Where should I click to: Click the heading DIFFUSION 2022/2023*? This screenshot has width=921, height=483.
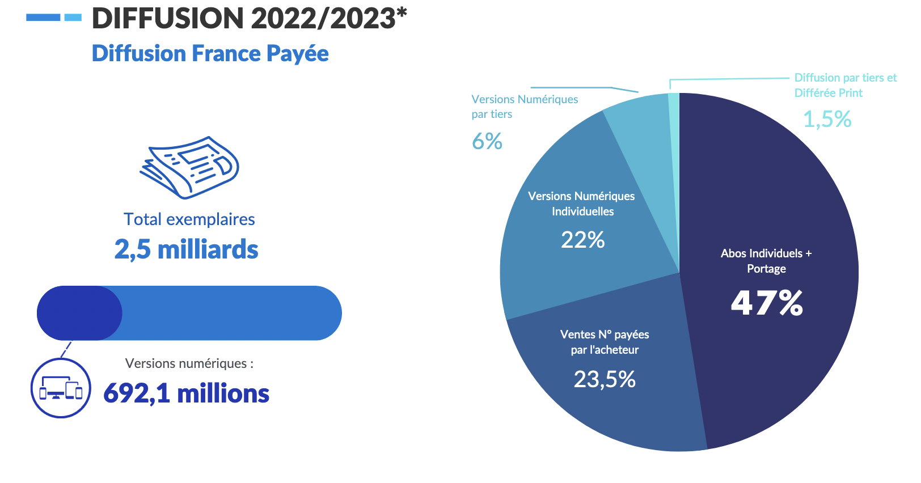249,18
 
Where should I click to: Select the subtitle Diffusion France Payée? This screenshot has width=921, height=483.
210,53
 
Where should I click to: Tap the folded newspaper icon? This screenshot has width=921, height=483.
189,167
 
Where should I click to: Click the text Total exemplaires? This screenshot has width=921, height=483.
189,219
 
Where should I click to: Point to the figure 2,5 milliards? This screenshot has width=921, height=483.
187,249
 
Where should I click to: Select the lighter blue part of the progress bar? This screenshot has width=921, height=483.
233,313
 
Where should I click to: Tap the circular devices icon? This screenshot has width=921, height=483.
61,388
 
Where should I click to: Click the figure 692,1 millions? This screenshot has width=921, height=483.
186,393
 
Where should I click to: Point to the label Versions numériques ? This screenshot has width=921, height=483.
189,363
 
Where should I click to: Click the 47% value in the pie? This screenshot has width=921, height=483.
767,302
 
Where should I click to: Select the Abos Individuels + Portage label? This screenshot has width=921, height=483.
766,261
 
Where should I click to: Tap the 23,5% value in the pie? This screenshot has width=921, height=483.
605,379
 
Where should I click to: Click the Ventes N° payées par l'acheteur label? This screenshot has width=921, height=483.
605,342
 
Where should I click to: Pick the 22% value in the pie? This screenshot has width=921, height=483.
582,240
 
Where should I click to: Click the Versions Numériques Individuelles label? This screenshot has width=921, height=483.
582,204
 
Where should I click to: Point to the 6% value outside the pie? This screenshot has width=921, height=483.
487,141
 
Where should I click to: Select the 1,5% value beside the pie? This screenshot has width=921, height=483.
827,119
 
